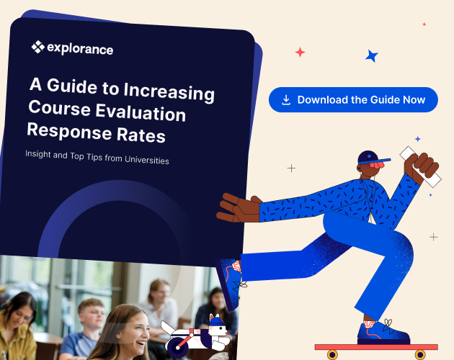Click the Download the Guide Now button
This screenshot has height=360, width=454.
pos(353,100)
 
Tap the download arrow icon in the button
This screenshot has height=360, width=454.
pos(286,100)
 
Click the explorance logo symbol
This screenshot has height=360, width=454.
pos(37,48)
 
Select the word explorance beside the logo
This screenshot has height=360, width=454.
pos(80,49)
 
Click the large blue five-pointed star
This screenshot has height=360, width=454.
pos(372,55)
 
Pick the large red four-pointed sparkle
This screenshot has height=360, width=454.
pos(300,52)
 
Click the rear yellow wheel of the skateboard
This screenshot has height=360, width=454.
pos(332,354)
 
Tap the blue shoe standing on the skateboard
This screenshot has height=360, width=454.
pos(386,332)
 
